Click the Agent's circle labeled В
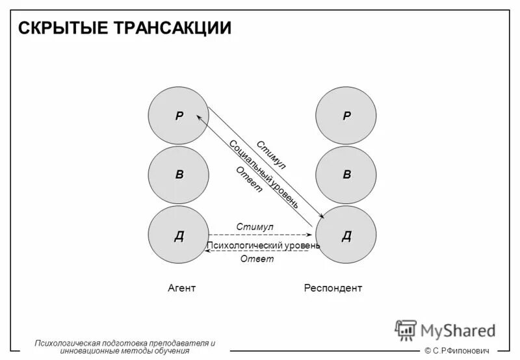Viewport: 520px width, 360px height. [x=178, y=175]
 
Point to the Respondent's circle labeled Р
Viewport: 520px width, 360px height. [x=346, y=116]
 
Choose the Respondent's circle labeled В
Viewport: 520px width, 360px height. [x=346, y=175]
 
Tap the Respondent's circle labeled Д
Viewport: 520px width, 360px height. [x=346, y=235]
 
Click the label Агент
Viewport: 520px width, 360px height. [x=181, y=288]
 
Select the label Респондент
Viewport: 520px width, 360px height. [x=333, y=288]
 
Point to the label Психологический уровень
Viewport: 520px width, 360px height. [x=263, y=246]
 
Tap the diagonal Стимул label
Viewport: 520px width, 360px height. [x=272, y=155]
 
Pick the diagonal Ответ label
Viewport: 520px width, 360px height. [x=249, y=180]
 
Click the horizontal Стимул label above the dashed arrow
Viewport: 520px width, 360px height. [x=255, y=227]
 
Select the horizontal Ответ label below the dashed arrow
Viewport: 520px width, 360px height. [x=257, y=259]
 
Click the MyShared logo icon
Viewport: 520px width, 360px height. [x=406, y=330]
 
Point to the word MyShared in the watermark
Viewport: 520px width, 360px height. [x=458, y=331]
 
